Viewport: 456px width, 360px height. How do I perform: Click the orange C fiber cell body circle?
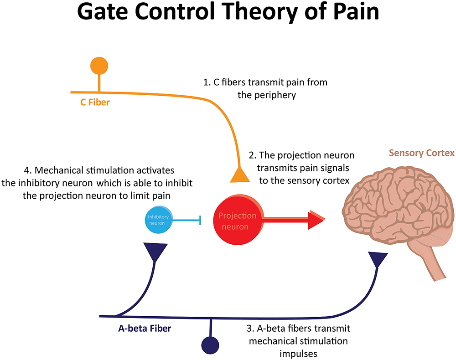pos(99,66)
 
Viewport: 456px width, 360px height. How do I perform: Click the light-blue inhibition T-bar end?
pos(200,221)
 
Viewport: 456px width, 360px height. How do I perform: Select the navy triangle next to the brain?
pos(378,260)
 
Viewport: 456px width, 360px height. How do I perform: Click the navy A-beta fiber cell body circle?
pos(210,344)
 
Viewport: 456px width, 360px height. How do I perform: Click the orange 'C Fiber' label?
pos(95,102)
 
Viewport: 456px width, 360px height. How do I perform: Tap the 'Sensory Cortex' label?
pos(421,153)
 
